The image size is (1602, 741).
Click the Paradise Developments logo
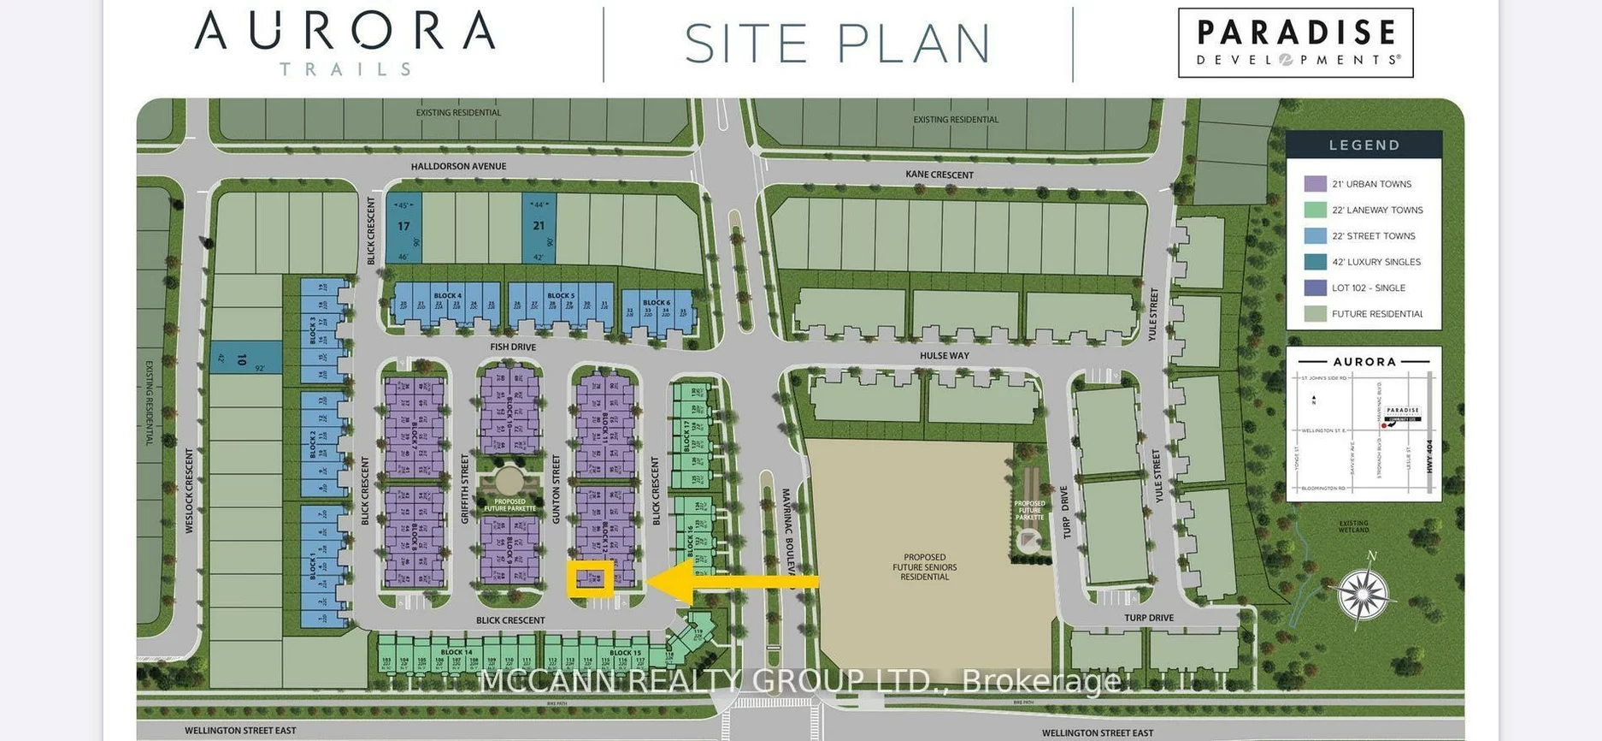coord(1295,43)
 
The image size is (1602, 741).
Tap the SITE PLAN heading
coord(838,44)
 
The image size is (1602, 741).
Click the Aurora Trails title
coord(345,41)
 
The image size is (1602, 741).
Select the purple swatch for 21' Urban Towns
coord(1315,184)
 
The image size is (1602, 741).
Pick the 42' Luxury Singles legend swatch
coord(1315,262)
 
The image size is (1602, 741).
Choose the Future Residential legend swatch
coord(1315,314)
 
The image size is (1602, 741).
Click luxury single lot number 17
coord(403,227)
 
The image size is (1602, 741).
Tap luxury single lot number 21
coord(539,226)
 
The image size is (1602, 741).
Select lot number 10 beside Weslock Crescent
coord(242,359)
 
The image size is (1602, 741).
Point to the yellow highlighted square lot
coord(590,579)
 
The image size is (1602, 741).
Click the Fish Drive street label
coord(513,347)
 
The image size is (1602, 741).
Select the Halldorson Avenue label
coord(458,166)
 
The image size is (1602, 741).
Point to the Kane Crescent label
coord(939,175)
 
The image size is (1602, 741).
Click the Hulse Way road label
coord(945,355)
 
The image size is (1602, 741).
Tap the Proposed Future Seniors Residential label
coord(924,566)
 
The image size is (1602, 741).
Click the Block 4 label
coord(447,296)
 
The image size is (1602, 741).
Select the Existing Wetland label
coord(1353,526)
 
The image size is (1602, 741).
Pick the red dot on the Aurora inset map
coord(1383,425)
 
